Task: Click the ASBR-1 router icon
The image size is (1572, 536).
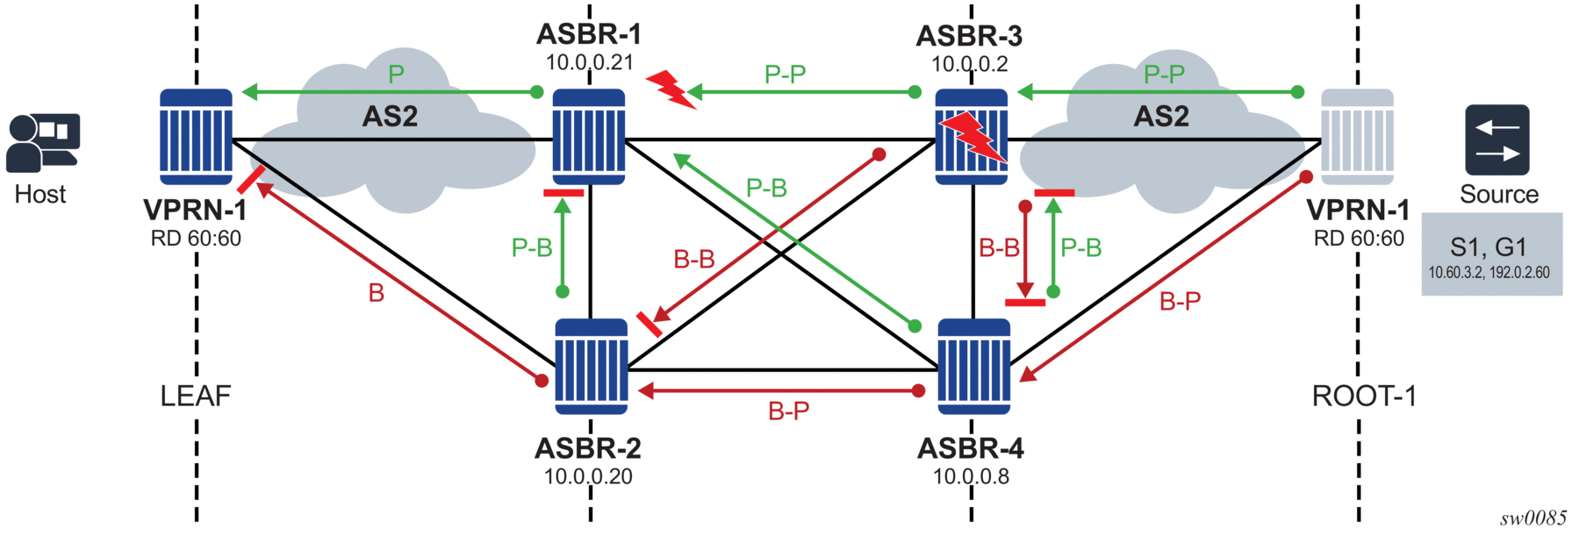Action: point(588,137)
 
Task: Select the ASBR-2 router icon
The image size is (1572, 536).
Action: point(592,366)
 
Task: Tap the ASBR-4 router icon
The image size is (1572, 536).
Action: point(973,366)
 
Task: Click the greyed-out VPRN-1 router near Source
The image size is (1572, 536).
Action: point(1357,137)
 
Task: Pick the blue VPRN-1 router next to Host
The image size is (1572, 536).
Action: point(196,137)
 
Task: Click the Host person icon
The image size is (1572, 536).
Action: point(41,142)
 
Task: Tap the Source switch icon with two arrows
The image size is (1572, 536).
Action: point(1497,140)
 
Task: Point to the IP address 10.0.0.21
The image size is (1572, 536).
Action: point(589,62)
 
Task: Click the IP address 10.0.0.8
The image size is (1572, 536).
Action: point(971,476)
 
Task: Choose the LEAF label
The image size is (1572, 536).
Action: point(196,397)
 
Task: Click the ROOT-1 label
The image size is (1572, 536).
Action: point(1364,397)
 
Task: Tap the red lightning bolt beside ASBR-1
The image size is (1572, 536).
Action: point(671,89)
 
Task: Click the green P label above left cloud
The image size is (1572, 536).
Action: point(397,75)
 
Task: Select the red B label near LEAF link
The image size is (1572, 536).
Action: point(377,293)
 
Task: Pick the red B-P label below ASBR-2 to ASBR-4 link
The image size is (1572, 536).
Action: point(788,411)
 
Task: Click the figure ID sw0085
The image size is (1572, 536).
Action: point(1533,518)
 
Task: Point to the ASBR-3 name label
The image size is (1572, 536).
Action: point(969,36)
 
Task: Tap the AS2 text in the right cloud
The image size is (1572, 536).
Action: point(1161,117)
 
